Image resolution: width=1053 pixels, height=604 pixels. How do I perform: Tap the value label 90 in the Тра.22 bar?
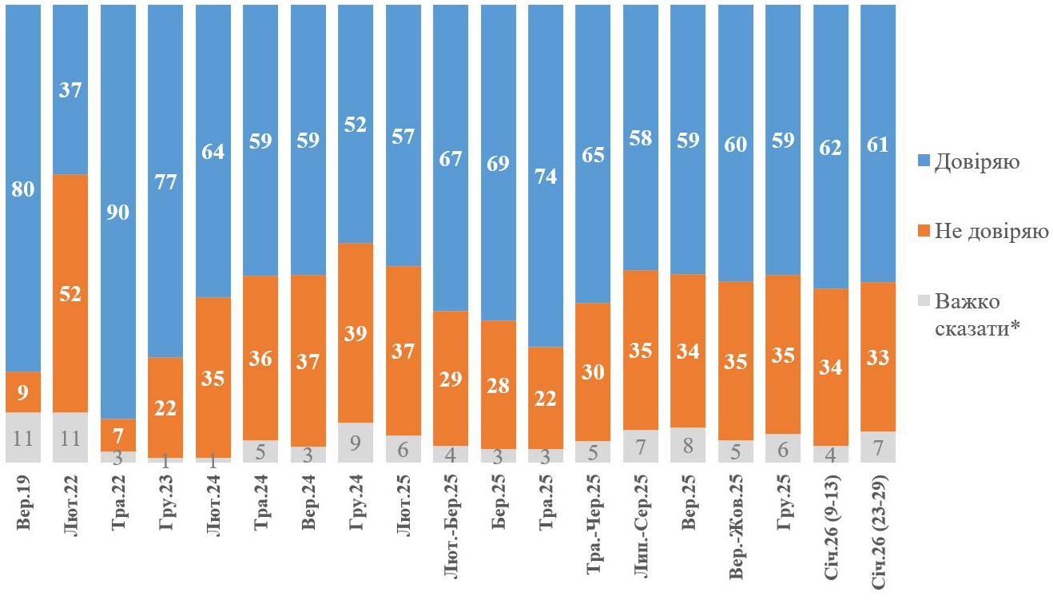118,213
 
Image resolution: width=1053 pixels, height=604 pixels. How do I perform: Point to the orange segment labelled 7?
118,435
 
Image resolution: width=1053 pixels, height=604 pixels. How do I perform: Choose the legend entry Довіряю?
972,163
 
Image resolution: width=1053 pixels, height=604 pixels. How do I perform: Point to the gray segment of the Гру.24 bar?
356,442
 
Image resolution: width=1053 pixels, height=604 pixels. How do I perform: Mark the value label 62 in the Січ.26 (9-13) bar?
830,147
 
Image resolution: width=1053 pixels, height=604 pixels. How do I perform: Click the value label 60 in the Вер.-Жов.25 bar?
735,145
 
